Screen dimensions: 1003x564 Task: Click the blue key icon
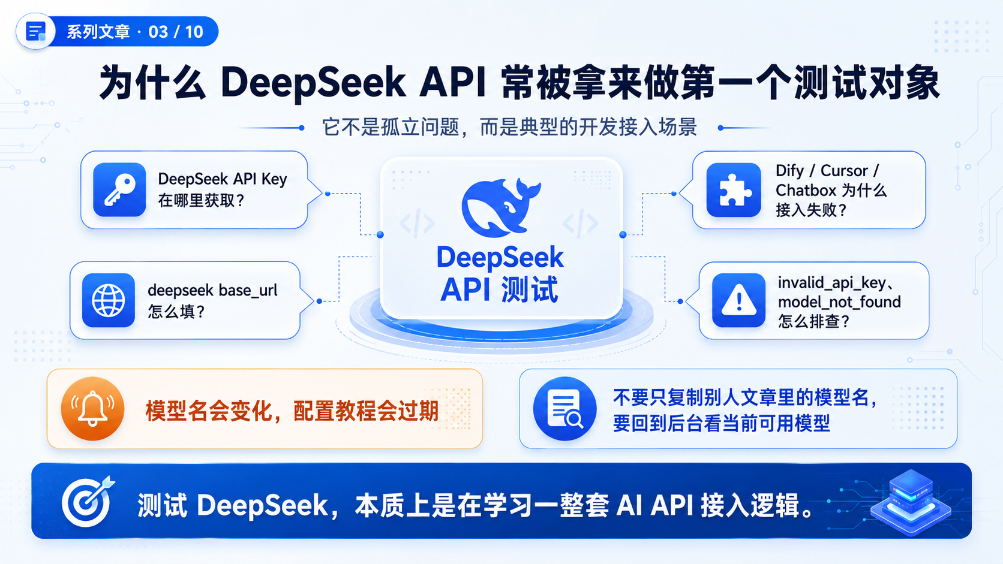pos(119,189)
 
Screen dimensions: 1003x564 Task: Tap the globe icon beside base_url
pos(109,300)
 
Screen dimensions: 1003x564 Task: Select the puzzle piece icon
pos(734,189)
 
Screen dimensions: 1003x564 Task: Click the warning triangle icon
pos(738,300)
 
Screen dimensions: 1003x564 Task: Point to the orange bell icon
pos(93,408)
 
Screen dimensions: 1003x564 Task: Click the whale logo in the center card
pos(501,207)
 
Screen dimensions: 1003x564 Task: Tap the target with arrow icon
pos(88,502)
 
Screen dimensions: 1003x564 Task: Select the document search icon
pos(564,408)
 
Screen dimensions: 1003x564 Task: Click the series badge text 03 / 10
pos(176,32)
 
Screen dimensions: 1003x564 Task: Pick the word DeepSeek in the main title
pos(313,83)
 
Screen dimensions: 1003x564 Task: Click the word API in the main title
pos(453,83)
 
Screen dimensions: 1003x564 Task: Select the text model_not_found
pos(839,302)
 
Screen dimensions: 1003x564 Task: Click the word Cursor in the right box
pos(844,170)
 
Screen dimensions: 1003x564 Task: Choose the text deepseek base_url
pos(212,291)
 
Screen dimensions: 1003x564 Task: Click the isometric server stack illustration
pos(910,502)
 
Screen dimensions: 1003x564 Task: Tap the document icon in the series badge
pos(35,31)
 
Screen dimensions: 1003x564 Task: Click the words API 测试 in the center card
pos(499,289)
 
